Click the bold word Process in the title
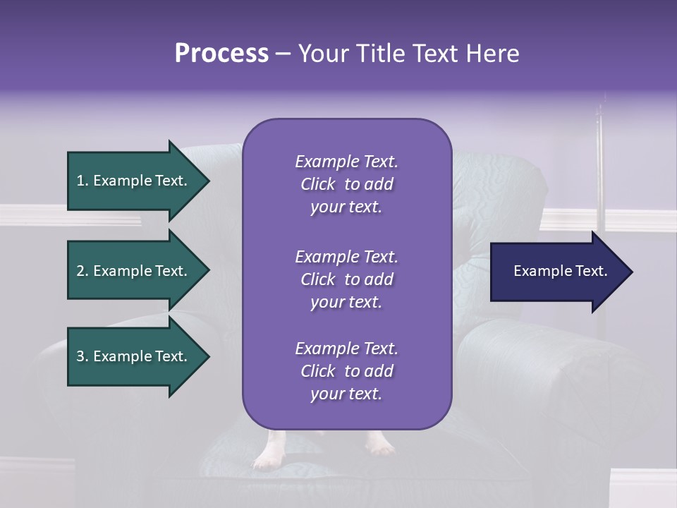(221, 54)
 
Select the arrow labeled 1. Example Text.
(134, 181)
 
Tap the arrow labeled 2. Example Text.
(134, 271)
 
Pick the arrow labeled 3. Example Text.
(134, 356)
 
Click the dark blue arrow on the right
(557, 272)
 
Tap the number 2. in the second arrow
(83, 271)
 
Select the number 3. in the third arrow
(83, 356)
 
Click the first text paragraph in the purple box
(346, 184)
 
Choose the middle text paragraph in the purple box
(346, 279)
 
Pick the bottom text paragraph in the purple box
(346, 371)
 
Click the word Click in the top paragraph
(318, 184)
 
